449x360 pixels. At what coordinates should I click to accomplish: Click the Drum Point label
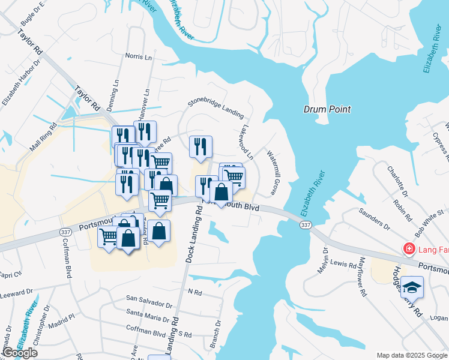point(327,109)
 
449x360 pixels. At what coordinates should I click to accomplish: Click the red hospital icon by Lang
point(409,248)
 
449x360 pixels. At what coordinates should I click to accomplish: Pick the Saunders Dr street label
point(374,219)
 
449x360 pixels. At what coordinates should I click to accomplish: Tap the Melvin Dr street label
point(325,259)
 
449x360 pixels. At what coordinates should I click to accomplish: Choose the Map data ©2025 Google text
point(411,355)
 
